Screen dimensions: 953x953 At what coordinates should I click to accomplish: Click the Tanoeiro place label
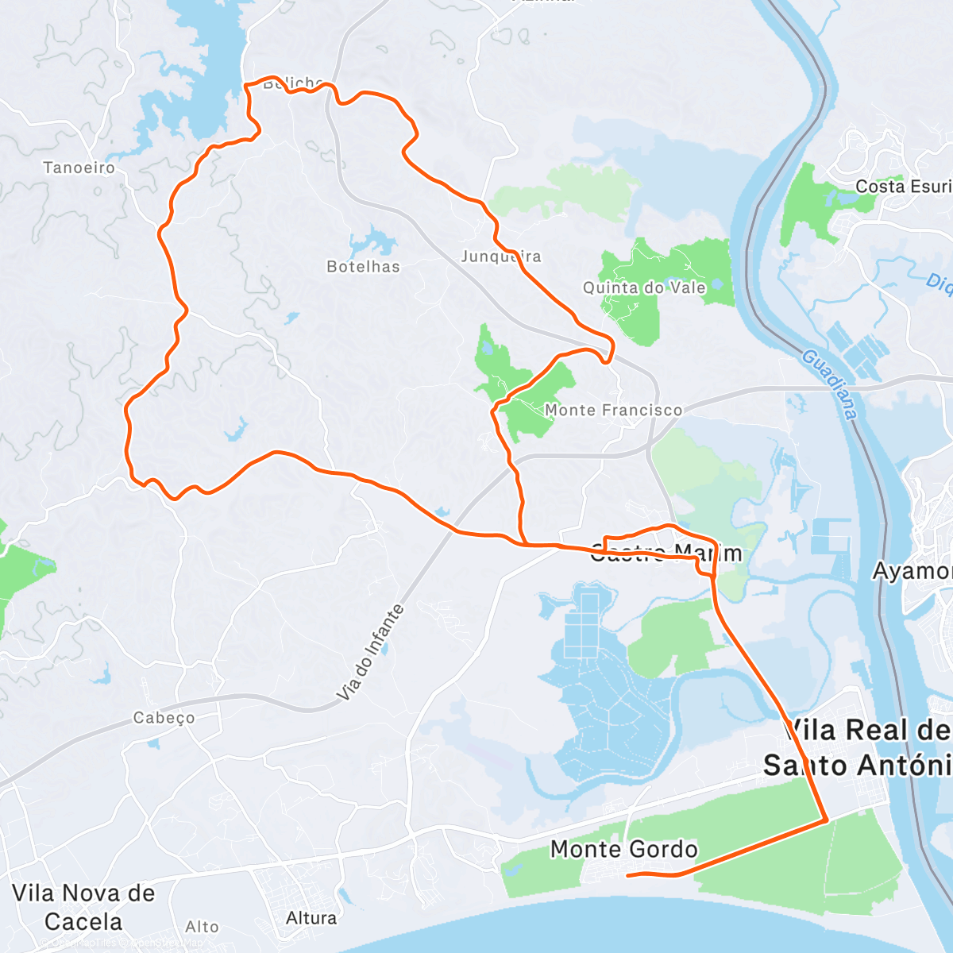point(79,168)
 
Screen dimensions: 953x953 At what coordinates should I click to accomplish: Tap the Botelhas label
point(363,267)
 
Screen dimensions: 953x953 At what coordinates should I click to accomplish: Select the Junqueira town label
point(500,257)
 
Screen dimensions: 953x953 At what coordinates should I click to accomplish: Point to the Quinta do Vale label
point(644,287)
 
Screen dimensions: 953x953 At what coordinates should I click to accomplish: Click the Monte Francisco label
point(613,410)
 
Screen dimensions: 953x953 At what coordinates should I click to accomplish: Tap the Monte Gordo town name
point(623,849)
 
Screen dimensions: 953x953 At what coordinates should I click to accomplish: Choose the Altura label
point(311,918)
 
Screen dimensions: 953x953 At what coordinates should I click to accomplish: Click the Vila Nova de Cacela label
point(83,907)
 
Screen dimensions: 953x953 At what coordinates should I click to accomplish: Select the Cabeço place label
point(164,718)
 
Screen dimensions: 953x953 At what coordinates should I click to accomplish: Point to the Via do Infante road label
point(371,653)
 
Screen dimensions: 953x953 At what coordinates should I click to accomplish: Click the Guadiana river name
point(830,384)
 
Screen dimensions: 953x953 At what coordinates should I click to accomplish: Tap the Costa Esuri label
point(903,187)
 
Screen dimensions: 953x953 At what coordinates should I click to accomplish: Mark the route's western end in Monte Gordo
point(628,875)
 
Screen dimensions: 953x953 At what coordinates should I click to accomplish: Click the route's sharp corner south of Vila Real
point(827,819)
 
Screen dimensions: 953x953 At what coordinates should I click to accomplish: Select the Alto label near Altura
point(202,927)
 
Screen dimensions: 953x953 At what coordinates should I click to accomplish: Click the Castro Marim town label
point(666,553)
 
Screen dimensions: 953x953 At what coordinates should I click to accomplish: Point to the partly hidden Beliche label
point(292,83)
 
